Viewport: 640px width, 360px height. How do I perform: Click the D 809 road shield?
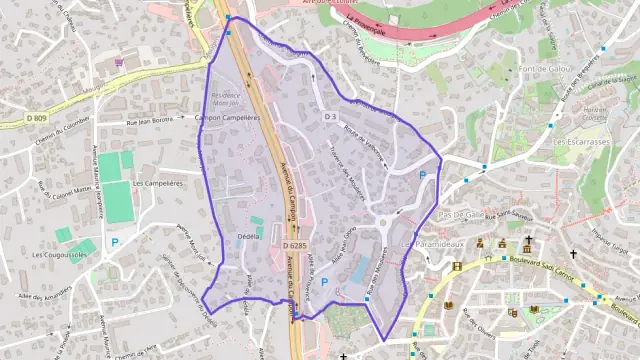pyautogui.click(x=38, y=118)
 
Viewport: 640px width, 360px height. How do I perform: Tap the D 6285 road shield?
pyautogui.click(x=295, y=245)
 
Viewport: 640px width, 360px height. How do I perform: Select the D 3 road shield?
pyautogui.click(x=329, y=117)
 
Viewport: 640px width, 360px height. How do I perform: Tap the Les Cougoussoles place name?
pyautogui.click(x=59, y=255)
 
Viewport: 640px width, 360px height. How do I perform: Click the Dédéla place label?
pyautogui.click(x=248, y=236)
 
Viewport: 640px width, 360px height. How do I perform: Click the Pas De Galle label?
pyautogui.click(x=461, y=214)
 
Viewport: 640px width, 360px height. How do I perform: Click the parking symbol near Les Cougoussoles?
pyautogui.click(x=114, y=241)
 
